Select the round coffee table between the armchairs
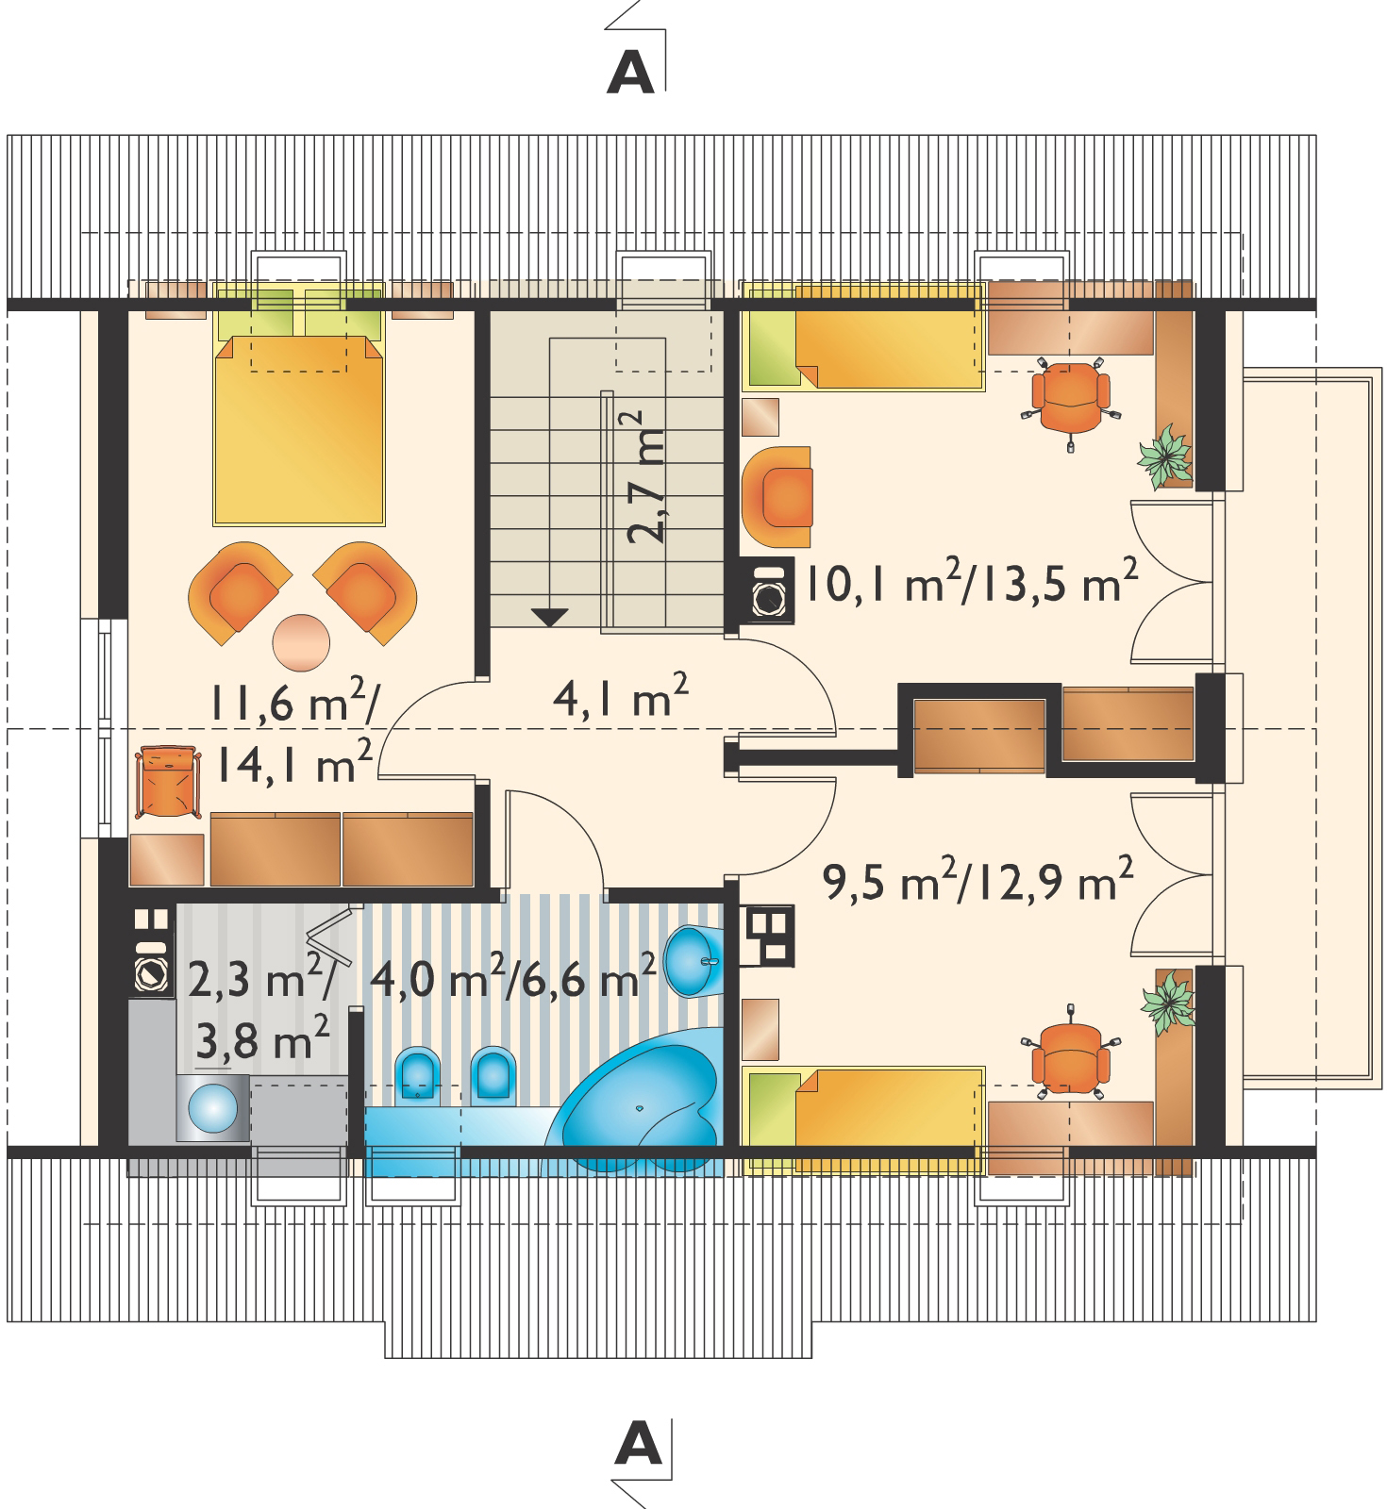[x=301, y=641]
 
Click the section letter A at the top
[x=629, y=73]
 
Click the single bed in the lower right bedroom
[x=863, y=1119]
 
